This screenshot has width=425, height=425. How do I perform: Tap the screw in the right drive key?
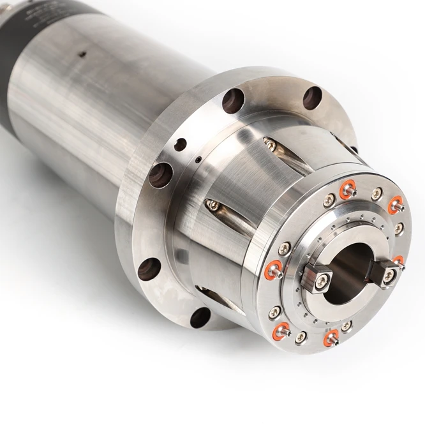tap(387, 275)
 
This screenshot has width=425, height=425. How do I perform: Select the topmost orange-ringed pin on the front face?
tap(347, 188)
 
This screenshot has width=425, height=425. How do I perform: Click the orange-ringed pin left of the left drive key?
tap(276, 270)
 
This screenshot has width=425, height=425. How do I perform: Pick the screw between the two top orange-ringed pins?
tap(377, 191)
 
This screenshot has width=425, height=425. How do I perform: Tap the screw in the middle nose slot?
tap(212, 205)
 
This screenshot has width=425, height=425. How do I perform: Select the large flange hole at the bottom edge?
tap(200, 317)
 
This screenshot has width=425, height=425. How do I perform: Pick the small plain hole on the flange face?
tap(181, 144)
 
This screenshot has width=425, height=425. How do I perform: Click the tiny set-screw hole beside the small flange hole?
tap(198, 159)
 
